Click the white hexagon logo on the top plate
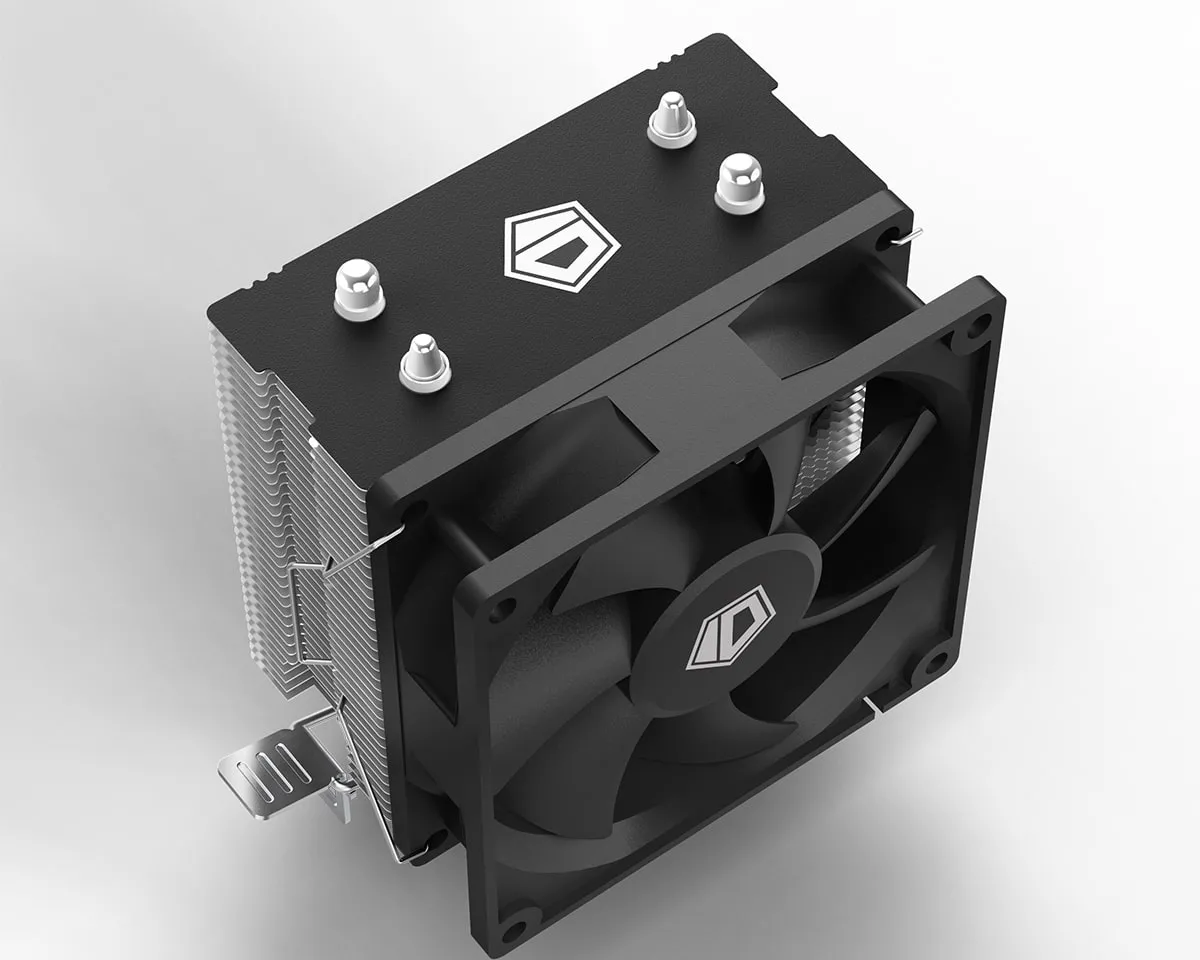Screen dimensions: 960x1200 pos(563,243)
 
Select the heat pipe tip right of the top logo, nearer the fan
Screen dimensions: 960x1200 pos(739,183)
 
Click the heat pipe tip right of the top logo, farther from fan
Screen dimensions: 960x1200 pos(670,120)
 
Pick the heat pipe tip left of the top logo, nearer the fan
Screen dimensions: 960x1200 pos(424,361)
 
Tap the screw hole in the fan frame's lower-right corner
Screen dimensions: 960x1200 pos(935,660)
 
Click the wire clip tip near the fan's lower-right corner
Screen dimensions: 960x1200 pos(873,706)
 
